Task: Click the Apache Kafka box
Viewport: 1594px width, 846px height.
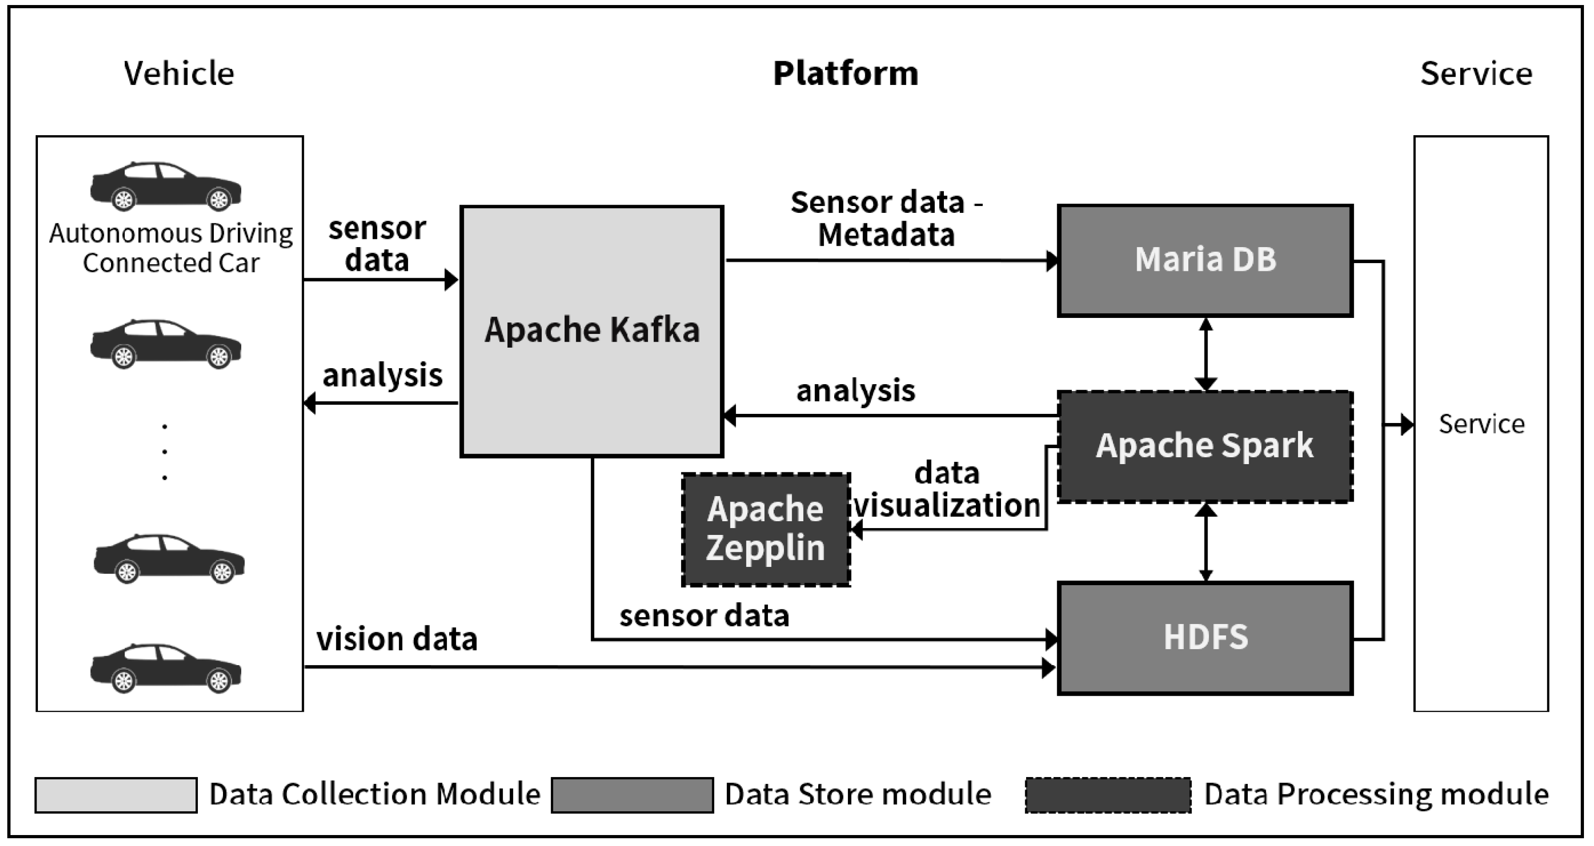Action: point(592,331)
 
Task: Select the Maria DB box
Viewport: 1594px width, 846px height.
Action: point(1205,260)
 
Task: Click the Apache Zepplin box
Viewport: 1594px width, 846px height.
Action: point(765,529)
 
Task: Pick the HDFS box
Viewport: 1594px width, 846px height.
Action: point(1205,637)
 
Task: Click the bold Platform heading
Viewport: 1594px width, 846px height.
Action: point(845,74)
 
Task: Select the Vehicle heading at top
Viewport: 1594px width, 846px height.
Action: point(179,74)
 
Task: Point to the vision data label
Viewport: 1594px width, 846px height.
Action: point(397,639)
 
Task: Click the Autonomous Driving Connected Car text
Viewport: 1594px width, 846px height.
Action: point(171,248)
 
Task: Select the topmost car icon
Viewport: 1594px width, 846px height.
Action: point(166,185)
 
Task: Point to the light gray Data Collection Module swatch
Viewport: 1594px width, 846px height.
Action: point(116,795)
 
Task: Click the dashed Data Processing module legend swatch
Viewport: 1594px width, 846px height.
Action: point(1107,795)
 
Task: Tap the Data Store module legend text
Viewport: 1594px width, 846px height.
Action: point(858,795)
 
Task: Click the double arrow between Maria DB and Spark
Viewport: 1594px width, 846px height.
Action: point(1205,354)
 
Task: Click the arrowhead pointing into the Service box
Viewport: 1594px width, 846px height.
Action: point(1407,425)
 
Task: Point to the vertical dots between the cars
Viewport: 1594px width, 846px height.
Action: point(164,452)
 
